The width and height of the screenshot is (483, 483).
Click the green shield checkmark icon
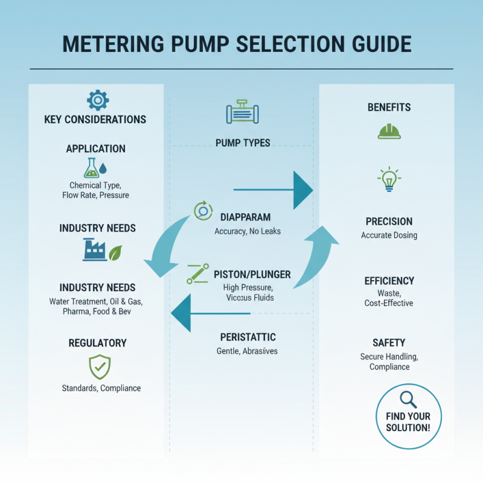point(100,366)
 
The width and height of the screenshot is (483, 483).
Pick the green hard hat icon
point(389,131)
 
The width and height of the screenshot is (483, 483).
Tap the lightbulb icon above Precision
point(389,179)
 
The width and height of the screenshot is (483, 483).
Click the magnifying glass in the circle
point(408,399)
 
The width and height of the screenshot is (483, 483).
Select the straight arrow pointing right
point(272,190)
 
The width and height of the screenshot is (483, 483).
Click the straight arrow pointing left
point(211,313)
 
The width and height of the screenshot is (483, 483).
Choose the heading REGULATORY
point(98,343)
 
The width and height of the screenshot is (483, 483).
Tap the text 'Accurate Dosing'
point(389,235)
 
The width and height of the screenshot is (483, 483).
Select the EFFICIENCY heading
point(389,281)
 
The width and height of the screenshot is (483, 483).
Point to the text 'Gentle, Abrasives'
point(246,351)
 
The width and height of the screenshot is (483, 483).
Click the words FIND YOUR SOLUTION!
point(408,422)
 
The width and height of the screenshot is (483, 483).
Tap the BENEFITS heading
point(389,107)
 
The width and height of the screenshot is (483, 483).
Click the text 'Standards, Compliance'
point(101,388)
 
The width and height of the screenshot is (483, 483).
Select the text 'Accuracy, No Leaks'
point(248,231)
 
